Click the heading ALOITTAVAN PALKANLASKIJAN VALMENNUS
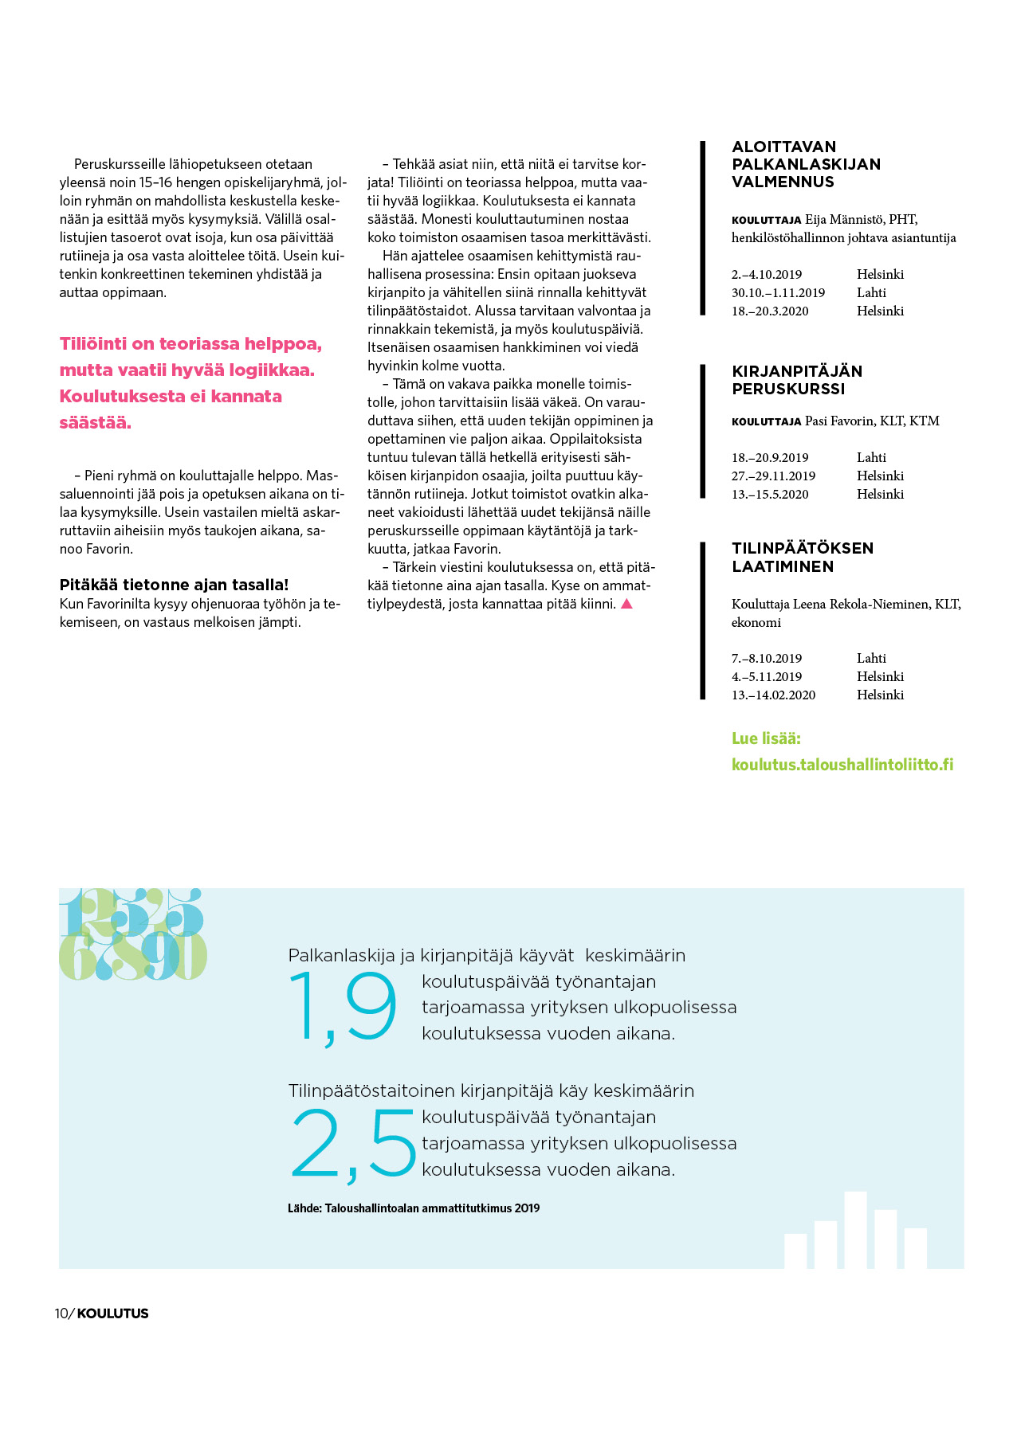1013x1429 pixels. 806,164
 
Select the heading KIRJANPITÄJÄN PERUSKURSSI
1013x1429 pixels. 796,380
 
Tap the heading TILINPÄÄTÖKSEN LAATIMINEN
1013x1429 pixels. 802,557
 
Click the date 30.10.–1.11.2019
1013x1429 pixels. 778,292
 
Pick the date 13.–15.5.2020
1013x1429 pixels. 770,494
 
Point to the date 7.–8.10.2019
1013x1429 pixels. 766,658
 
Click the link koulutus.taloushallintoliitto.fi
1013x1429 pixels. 842,765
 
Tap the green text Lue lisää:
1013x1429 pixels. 765,738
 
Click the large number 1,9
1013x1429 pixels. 343,1008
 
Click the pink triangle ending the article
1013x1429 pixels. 626,604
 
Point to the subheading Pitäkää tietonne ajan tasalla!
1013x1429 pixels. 174,585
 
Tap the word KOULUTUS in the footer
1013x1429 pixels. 112,1314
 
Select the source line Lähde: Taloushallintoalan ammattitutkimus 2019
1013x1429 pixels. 413,1208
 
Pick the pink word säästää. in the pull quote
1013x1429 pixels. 95,422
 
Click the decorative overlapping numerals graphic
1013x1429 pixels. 132,934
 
